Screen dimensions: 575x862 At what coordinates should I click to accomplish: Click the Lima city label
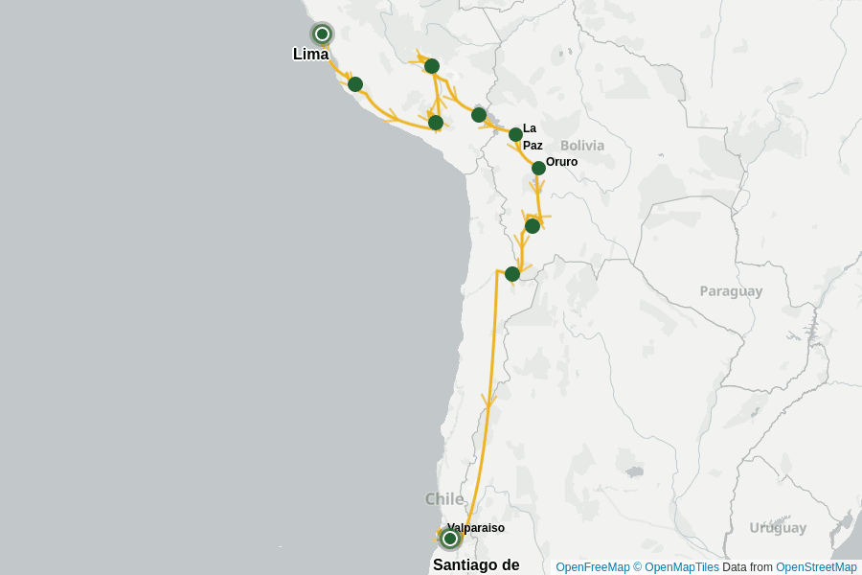click(310, 55)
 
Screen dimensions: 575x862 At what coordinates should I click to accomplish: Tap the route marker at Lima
click(323, 34)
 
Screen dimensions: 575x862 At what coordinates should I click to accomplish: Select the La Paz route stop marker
click(515, 134)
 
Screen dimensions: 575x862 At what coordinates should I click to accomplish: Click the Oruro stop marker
click(538, 168)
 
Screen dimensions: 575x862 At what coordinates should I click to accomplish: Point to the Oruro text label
click(561, 162)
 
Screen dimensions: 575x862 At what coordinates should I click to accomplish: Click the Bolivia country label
click(582, 146)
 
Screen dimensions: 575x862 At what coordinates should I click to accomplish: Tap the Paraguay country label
click(731, 291)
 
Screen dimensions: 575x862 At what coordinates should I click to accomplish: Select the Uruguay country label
click(778, 528)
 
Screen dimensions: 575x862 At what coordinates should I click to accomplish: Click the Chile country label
click(444, 499)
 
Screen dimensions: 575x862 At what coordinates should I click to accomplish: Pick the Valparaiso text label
click(475, 528)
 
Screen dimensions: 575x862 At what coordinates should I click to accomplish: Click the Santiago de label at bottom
click(476, 564)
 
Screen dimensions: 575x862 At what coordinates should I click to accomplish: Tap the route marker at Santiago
click(450, 539)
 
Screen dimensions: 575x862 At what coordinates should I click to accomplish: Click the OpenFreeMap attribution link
click(593, 567)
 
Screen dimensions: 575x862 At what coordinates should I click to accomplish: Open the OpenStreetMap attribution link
click(816, 567)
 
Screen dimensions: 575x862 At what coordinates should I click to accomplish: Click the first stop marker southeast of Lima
click(355, 84)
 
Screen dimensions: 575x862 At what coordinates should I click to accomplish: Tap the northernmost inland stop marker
click(432, 66)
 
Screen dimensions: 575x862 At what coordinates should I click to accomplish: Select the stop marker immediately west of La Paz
click(479, 115)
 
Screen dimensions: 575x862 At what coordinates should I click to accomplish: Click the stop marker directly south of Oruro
click(533, 226)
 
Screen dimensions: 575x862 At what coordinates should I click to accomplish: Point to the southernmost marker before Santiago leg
click(512, 274)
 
